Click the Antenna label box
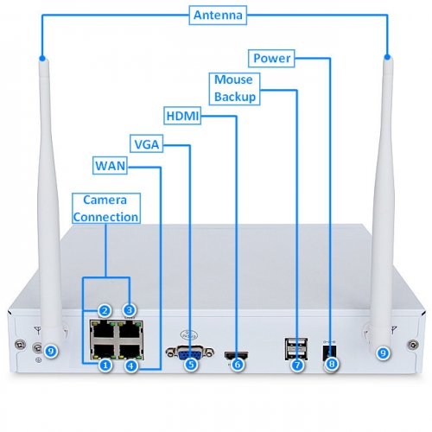pos(218,15)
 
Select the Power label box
pos(271,58)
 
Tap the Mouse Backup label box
pos(234,89)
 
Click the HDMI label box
pos(182,116)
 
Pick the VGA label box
pos(147,143)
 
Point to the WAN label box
pos(110,166)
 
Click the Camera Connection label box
pos(106,208)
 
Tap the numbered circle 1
pos(105,365)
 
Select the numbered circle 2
pos(105,310)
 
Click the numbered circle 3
pos(130,310)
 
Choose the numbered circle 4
pos(131,365)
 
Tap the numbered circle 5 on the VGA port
pos(191,365)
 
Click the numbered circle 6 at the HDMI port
pos(238,365)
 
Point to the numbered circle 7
pos(297,365)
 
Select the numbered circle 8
pos(332,364)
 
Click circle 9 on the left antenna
pos(51,351)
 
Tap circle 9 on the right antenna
pos(383,353)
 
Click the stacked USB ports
pos(296,348)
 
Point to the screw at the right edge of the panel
pos(413,344)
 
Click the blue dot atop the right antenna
pos(387,57)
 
